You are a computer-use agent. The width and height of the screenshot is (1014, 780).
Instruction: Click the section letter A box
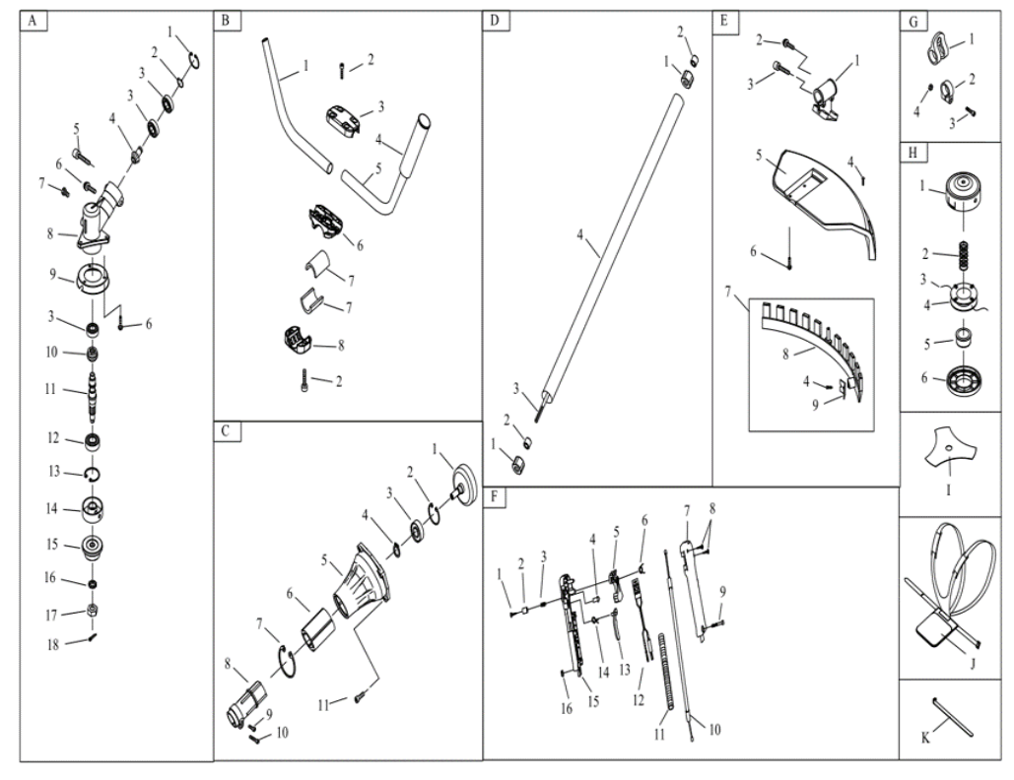pyautogui.click(x=33, y=20)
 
